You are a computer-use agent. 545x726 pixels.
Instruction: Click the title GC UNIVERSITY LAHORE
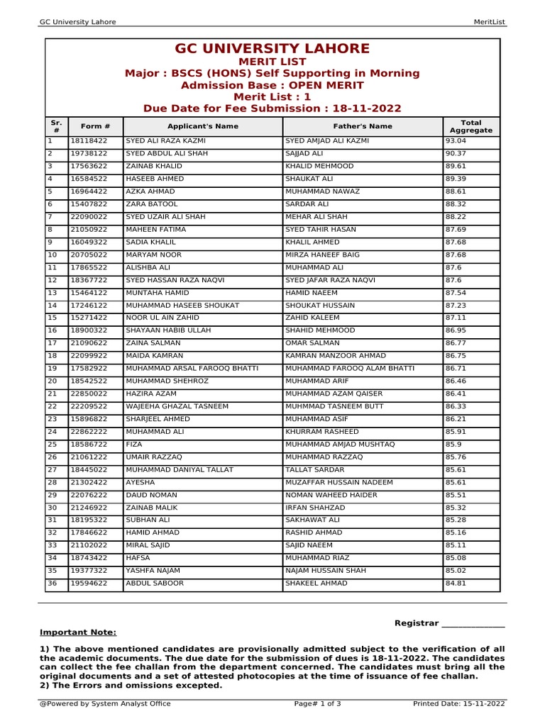pyautogui.click(x=272, y=49)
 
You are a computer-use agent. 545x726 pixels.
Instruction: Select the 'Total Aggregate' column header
pyautogui.click(x=470, y=127)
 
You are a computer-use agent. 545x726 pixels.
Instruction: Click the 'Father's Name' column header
pyautogui.click(x=362, y=126)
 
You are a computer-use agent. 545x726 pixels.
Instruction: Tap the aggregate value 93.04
pyautogui.click(x=456, y=141)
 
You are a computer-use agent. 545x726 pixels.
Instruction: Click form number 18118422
pyautogui.click(x=89, y=141)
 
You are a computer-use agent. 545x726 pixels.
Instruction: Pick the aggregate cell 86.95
pyautogui.click(x=456, y=330)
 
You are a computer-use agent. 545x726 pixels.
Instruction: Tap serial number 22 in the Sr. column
pyautogui.click(x=52, y=406)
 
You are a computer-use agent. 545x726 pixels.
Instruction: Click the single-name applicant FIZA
pyautogui.click(x=134, y=445)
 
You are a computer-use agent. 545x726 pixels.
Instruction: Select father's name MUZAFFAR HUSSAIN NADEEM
pyautogui.click(x=338, y=482)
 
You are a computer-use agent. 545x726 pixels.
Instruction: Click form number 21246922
pyautogui.click(x=89, y=508)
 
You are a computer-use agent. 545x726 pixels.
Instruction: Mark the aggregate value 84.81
pyautogui.click(x=456, y=583)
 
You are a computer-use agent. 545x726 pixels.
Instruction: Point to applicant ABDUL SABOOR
pyautogui.click(x=154, y=583)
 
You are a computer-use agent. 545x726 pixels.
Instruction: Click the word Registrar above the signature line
pyautogui.click(x=416, y=623)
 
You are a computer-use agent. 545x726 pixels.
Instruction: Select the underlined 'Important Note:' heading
pyautogui.click(x=78, y=632)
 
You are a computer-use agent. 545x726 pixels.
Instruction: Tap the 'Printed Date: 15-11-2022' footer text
pyautogui.click(x=458, y=704)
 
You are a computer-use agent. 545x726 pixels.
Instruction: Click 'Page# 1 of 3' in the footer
pyautogui.click(x=317, y=704)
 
